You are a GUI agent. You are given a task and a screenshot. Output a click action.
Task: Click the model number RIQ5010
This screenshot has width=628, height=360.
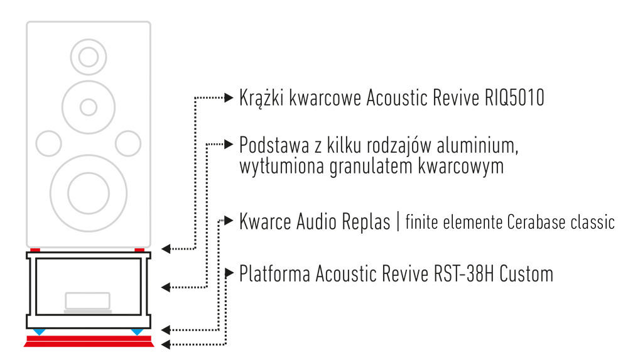pyautogui.click(x=514, y=98)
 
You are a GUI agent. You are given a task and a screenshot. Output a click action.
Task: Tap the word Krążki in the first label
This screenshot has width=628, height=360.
pyautogui.click(x=262, y=99)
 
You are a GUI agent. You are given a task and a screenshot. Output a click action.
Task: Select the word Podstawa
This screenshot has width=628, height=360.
pyautogui.click(x=274, y=145)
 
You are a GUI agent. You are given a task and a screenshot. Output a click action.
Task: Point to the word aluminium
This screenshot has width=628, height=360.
pyautogui.click(x=477, y=145)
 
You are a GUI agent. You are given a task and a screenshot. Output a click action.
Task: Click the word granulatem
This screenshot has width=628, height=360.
pyautogui.click(x=371, y=166)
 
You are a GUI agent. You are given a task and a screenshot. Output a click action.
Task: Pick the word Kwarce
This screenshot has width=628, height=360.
pyautogui.click(x=265, y=222)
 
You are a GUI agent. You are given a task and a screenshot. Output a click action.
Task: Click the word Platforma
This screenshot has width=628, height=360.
pyautogui.click(x=275, y=274)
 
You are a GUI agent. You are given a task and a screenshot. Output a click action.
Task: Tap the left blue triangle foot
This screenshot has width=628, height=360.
pyautogui.click(x=39, y=332)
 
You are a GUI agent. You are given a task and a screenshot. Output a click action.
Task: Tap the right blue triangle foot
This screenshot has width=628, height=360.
pyautogui.click(x=137, y=332)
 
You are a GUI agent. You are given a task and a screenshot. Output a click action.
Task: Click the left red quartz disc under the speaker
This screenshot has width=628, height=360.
pyautogui.click(x=35, y=250)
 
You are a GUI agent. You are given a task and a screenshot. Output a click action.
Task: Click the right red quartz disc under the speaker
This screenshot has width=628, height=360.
pyautogui.click(x=139, y=250)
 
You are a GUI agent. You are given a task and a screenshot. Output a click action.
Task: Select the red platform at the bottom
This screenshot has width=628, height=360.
pyautogui.click(x=89, y=341)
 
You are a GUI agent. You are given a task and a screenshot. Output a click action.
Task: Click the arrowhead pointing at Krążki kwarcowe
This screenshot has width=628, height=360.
pyautogui.click(x=229, y=97)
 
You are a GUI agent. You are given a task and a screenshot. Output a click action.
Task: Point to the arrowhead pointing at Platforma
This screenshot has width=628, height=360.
pyautogui.click(x=229, y=273)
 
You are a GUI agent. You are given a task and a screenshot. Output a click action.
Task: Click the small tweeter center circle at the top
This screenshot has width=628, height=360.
pyautogui.click(x=89, y=57)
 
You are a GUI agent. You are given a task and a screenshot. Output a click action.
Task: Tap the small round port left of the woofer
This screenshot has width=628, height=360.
pyautogui.click(x=48, y=143)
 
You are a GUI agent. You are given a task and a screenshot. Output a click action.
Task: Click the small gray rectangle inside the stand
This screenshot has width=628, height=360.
pyautogui.click(x=88, y=301)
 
